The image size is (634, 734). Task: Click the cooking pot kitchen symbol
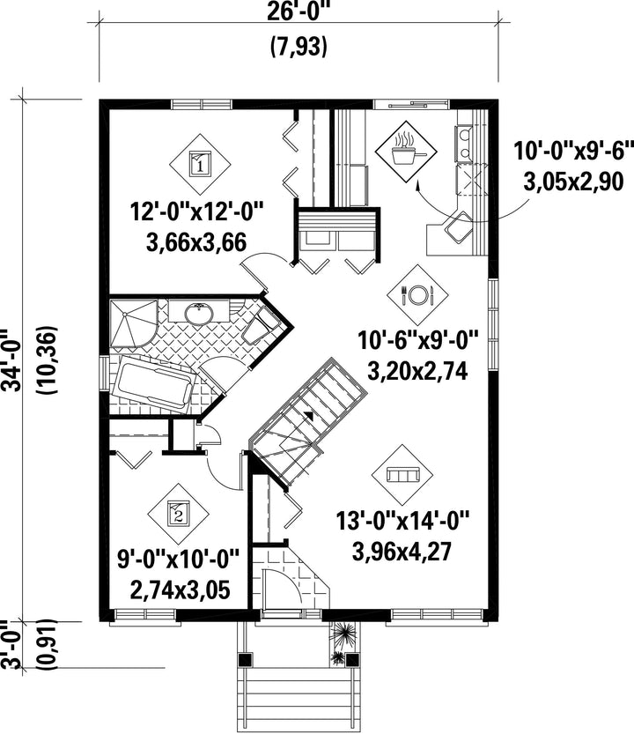(x=406, y=152)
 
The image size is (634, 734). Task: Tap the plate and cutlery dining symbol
(x=417, y=295)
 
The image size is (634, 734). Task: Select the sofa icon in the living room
(x=402, y=475)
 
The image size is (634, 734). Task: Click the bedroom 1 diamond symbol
(x=200, y=165)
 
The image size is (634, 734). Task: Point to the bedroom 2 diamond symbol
(x=178, y=514)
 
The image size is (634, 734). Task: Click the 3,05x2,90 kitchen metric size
(x=573, y=182)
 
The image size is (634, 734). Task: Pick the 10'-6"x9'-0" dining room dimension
(x=418, y=340)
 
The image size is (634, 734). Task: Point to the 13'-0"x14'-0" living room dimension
(x=402, y=521)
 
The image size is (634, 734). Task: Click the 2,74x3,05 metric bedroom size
(x=181, y=590)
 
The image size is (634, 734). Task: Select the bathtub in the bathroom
(x=155, y=384)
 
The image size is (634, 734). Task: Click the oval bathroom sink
(x=200, y=313)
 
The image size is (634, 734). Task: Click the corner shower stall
(x=133, y=323)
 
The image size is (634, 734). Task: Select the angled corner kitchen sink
(x=459, y=226)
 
